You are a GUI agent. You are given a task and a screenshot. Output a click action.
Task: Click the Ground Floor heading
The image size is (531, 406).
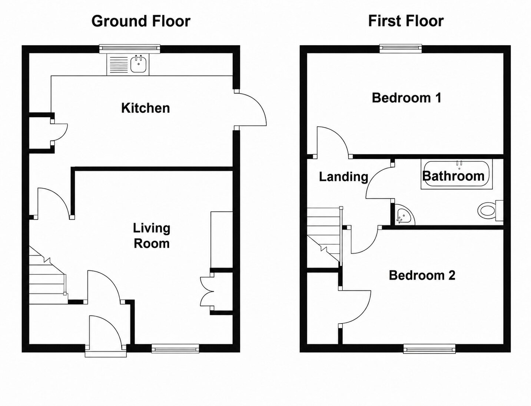click(x=141, y=21)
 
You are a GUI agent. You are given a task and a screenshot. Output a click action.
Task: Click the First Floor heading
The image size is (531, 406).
click(x=406, y=21)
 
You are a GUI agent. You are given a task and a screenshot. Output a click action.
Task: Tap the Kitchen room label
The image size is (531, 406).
click(x=145, y=108)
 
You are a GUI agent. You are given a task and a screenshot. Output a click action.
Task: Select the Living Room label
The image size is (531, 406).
click(x=152, y=236)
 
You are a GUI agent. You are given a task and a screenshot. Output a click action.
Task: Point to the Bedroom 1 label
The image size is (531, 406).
click(x=406, y=98)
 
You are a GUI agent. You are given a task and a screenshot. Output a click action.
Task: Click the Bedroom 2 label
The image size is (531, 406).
click(x=422, y=275)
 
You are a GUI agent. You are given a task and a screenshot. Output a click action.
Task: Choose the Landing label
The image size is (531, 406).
click(x=344, y=176)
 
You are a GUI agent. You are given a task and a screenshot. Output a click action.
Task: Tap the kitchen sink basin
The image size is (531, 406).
click(x=139, y=64)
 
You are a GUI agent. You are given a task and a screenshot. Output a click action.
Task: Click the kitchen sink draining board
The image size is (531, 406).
click(x=119, y=65)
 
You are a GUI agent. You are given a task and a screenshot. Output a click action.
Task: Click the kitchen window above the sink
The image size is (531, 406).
click(x=130, y=49)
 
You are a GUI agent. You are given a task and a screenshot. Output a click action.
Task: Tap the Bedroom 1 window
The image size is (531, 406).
click(x=401, y=48)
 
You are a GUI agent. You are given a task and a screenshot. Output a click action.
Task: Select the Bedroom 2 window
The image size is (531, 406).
click(x=429, y=348)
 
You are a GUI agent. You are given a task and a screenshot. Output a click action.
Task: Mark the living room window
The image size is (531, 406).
click(x=175, y=348)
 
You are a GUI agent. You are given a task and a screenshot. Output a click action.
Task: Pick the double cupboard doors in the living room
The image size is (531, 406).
click(x=206, y=291)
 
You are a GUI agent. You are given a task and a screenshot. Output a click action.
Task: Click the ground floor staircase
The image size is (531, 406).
click(x=48, y=278)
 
